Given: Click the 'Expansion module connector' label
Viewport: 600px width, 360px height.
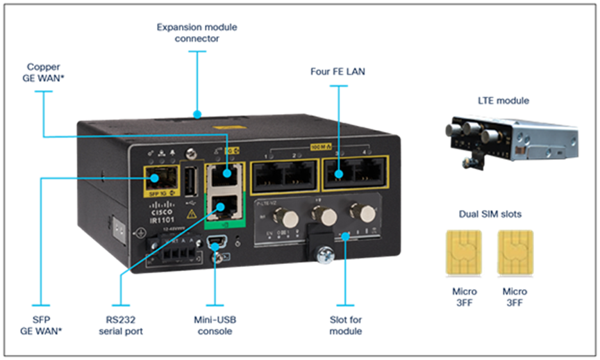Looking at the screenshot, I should coord(197,33).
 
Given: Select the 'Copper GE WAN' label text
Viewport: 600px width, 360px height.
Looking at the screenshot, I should coord(42,73).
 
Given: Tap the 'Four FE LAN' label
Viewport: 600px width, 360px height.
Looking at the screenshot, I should coord(337,72).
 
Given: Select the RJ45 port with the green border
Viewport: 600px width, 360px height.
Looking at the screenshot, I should coord(224,206).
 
